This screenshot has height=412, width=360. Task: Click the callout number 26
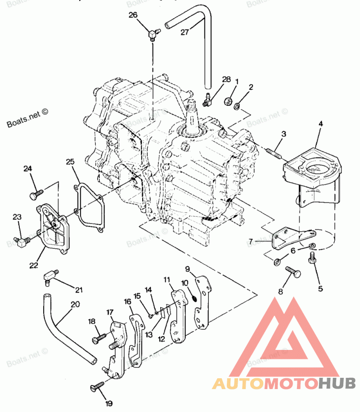tap(133, 15)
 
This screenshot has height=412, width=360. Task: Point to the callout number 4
tap(321, 123)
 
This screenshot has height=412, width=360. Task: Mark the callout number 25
tap(70, 161)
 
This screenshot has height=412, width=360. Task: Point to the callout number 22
tap(34, 265)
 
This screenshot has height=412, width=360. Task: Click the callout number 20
tap(75, 304)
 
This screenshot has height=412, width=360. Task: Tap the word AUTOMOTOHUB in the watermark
tap(284, 384)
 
